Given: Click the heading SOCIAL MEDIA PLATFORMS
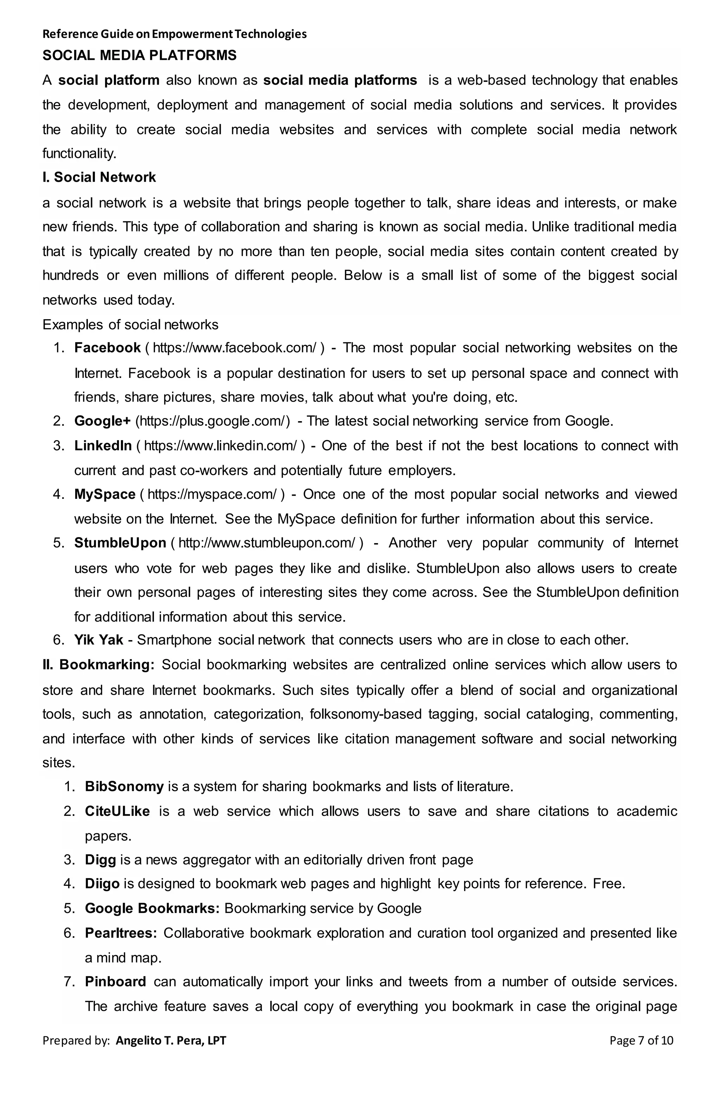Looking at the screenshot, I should pos(139,56).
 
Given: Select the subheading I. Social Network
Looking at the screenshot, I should pos(99,177).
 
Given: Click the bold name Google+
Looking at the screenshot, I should pos(102,421).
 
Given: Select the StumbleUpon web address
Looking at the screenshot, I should pos(267,543).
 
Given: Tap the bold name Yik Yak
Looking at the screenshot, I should pos(98,640).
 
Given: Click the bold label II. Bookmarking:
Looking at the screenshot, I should pos(98,665).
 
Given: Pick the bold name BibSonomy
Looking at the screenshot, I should pos(124,786).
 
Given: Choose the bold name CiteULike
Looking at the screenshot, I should pos(117,811).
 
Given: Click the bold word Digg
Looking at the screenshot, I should pos(100,860).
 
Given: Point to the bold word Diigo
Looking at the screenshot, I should pos(102,884).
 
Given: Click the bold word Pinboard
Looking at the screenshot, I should pos(115,981).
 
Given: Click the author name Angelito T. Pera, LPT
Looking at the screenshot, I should pos(171,1041).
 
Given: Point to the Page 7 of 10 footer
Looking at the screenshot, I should pos(641,1041).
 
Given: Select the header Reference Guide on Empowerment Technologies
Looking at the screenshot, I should pos(174,34).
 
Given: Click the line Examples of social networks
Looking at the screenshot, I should pos(130,325).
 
